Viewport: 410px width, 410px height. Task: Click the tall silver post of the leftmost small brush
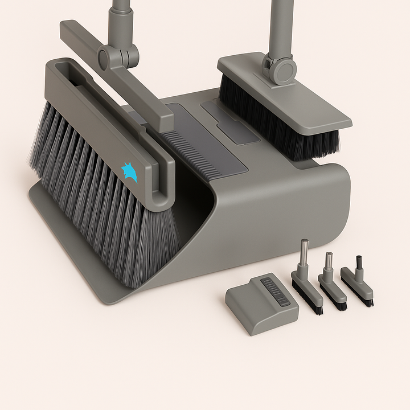click(x=305, y=254)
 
